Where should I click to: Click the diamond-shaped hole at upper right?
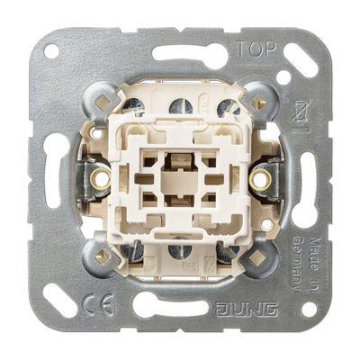click(262, 96)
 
